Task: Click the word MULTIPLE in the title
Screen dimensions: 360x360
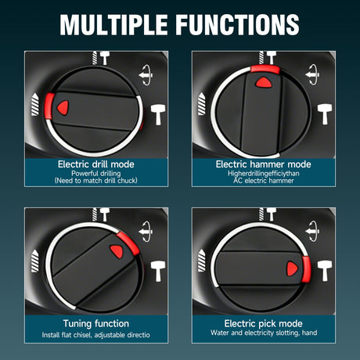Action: click(113, 24)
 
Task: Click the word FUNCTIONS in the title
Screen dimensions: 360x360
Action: click(237, 24)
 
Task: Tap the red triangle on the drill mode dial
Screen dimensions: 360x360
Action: click(63, 107)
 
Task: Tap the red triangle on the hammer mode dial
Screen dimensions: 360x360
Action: click(264, 82)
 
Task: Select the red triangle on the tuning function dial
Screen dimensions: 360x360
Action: click(117, 251)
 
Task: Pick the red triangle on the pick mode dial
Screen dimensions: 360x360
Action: click(292, 268)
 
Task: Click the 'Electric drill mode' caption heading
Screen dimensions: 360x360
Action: click(96, 164)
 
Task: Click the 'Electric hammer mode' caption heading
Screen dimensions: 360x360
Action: click(264, 164)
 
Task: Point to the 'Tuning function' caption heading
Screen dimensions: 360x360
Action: click(96, 323)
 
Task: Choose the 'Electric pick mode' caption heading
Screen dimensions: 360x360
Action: click(264, 323)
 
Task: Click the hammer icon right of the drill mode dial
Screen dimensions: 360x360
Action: click(158, 114)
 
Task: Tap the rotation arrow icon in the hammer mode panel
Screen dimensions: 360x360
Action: click(312, 74)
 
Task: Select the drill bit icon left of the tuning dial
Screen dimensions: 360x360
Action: click(34, 261)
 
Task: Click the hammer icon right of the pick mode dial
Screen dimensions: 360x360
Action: click(325, 271)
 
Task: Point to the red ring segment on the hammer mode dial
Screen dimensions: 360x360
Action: click(265, 69)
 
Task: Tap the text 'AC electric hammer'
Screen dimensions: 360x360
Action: click(264, 181)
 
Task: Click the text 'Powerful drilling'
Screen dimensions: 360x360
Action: click(96, 173)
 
